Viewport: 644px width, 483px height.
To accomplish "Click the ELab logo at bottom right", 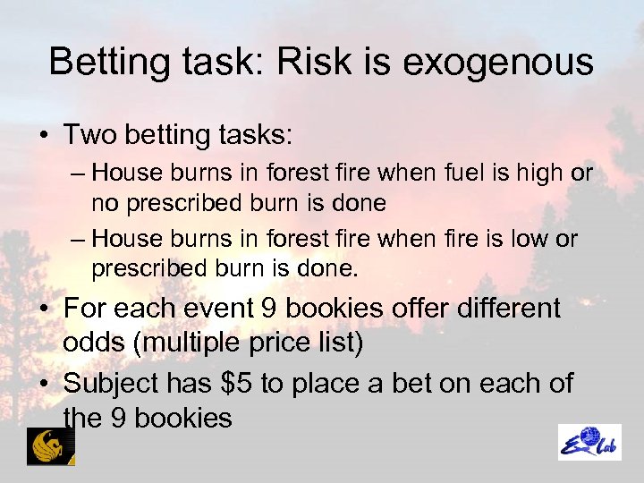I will [589, 442].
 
